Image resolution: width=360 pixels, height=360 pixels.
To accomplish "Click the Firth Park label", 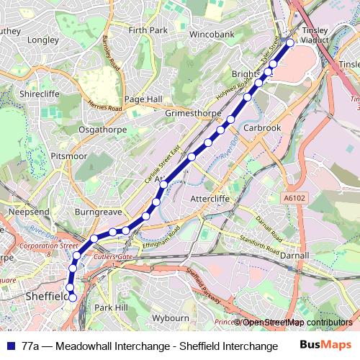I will [x=148, y=30].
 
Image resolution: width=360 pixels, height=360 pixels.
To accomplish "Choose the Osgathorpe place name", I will [x=102, y=130].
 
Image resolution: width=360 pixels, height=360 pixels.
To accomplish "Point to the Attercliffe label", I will [x=210, y=199].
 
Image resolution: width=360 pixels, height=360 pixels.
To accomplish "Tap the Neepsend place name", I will [x=29, y=213].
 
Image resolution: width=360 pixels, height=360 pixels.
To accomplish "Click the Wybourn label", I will [x=171, y=318].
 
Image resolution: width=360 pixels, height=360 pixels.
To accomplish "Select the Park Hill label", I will [x=111, y=307].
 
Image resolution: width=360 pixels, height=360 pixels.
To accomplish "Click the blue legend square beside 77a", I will [x=9, y=346].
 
